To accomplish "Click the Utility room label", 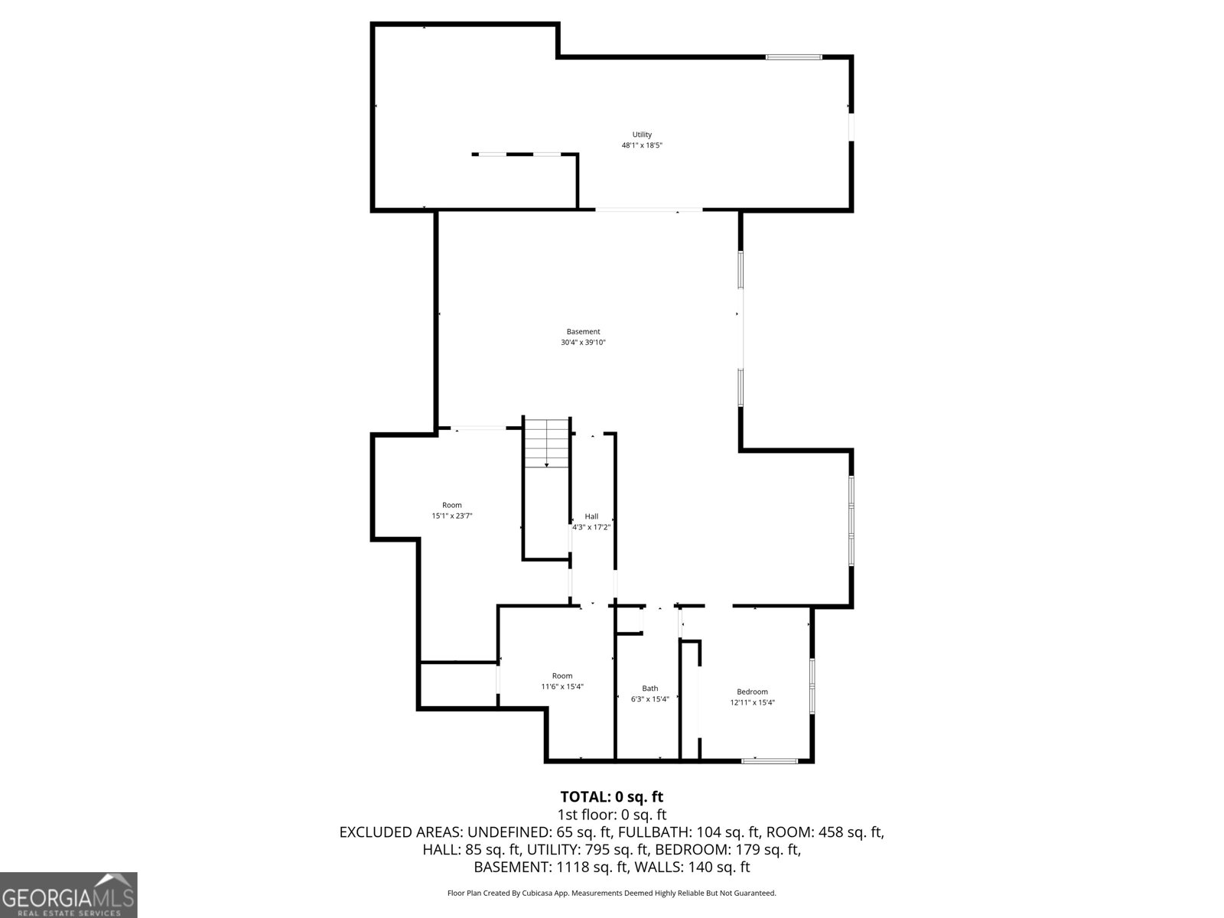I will click(642, 135).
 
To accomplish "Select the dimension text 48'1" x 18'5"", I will click(642, 145).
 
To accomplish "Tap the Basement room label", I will click(583, 332).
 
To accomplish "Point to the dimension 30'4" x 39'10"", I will click(583, 343).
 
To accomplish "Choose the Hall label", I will click(591, 516).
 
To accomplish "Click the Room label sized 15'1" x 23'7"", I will click(452, 505).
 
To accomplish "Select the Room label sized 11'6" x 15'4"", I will click(562, 675).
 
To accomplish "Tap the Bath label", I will click(649, 688).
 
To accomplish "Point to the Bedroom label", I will click(752, 692).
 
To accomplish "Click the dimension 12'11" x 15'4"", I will click(752, 702).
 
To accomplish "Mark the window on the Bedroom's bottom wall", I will click(770, 760).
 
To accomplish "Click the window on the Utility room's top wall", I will click(794, 57).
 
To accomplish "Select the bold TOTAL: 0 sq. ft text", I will click(611, 797).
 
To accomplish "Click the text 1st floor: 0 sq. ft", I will click(611, 815).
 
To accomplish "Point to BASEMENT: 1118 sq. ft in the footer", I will click(551, 868).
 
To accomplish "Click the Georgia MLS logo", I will click(69, 895).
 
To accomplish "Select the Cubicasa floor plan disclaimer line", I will click(611, 893).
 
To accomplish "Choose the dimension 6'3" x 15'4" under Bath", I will click(649, 699).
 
